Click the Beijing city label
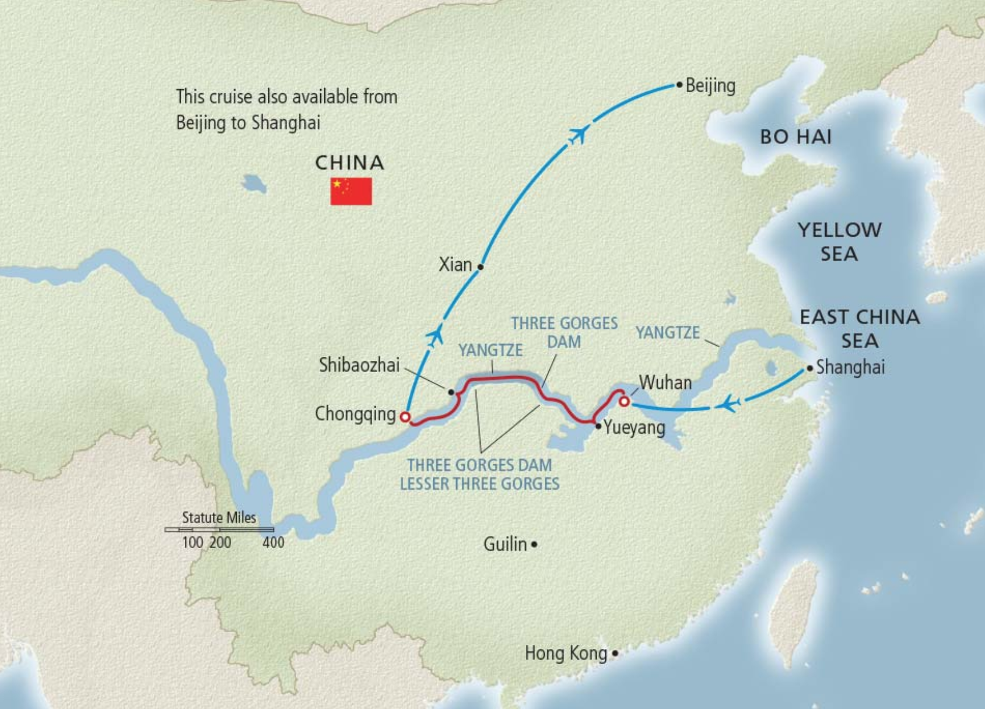pyautogui.click(x=710, y=86)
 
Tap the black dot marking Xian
pyautogui.click(x=481, y=267)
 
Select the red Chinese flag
pyautogui.click(x=351, y=191)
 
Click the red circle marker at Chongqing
pyautogui.click(x=405, y=417)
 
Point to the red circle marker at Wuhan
pyautogui.click(x=624, y=401)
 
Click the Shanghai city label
pyautogui.click(x=850, y=367)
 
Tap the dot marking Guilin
pyautogui.click(x=534, y=545)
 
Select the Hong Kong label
pyautogui.click(x=566, y=653)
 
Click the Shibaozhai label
pyautogui.click(x=359, y=366)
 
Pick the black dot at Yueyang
pyautogui.click(x=598, y=426)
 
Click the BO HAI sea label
pyautogui.click(x=795, y=137)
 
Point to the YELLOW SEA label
pyautogui.click(x=839, y=241)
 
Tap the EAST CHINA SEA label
pyautogui.click(x=860, y=328)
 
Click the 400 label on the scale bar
pyautogui.click(x=273, y=543)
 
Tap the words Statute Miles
pyautogui.click(x=219, y=518)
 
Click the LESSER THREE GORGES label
pyautogui.click(x=479, y=484)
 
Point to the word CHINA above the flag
pyautogui.click(x=350, y=163)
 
